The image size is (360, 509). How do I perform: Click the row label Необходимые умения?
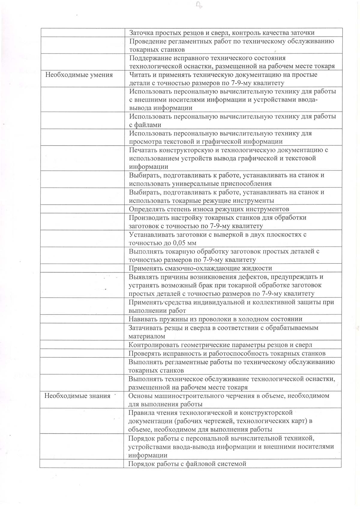coord(79,75)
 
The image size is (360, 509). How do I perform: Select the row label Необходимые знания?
coord(77,396)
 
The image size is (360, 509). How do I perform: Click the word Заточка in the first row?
coord(141,32)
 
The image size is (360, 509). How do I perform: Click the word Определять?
coord(146,209)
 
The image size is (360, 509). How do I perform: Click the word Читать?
coord(140,75)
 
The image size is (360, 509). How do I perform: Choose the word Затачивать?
coord(146,328)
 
